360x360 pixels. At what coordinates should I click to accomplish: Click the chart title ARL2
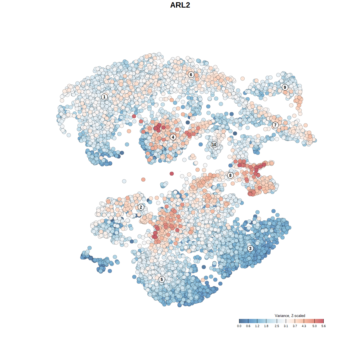click(180, 5)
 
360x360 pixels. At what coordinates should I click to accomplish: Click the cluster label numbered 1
click(104, 97)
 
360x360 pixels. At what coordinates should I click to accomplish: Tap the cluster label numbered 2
click(141, 207)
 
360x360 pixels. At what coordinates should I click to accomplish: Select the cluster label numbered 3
click(250, 248)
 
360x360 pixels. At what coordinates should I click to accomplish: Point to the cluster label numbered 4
click(173, 137)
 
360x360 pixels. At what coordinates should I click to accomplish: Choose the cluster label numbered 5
click(161, 279)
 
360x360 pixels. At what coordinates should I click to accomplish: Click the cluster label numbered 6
click(191, 75)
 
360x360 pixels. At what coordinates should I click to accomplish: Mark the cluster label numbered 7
click(275, 125)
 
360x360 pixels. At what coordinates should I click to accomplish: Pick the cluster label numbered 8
click(230, 175)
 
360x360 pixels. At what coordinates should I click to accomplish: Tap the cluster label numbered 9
click(285, 87)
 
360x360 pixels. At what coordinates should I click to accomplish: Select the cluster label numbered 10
click(214, 145)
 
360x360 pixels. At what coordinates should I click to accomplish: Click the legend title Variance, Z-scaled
click(290, 316)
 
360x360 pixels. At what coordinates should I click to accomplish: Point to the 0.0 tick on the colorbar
click(239, 321)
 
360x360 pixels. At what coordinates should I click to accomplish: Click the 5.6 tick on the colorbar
click(323, 321)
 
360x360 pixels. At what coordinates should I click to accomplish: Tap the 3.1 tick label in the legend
click(286, 326)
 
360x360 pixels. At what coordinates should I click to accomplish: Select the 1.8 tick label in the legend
click(266, 326)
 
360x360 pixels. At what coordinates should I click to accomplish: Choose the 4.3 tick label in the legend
click(304, 326)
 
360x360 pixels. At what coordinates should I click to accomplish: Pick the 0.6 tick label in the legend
click(248, 326)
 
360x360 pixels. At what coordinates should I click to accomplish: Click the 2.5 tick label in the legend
click(277, 326)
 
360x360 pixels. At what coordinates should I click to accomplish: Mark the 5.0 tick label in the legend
click(314, 326)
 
